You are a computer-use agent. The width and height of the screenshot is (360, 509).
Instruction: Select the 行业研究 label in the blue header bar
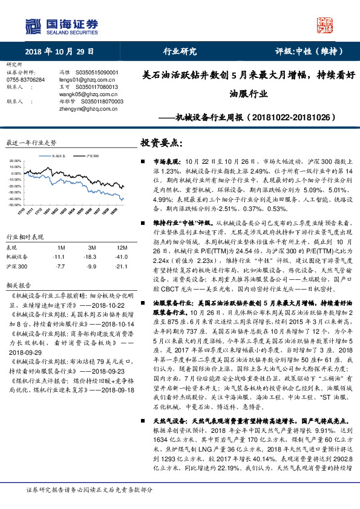pyautogui.click(x=180, y=51)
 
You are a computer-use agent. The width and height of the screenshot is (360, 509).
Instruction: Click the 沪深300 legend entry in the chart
pyautogui.click(x=91, y=155)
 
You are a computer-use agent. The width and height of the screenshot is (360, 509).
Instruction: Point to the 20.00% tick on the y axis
pyautogui.click(x=15, y=161)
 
